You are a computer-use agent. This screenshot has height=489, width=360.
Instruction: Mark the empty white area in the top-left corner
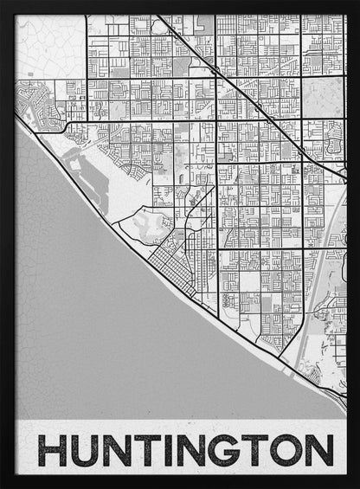click(48, 43)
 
